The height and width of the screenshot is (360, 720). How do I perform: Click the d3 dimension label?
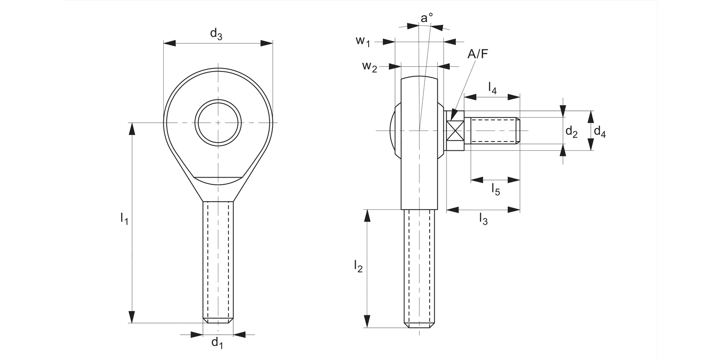point(216,34)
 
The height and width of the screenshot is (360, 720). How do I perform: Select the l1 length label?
point(124,218)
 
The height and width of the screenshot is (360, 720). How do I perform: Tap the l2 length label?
point(358,265)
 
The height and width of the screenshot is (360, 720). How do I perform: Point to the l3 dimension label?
point(483,219)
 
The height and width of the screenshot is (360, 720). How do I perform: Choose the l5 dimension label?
point(495,190)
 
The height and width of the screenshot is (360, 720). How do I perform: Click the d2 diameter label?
point(571,131)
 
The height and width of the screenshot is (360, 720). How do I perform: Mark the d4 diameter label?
point(600,131)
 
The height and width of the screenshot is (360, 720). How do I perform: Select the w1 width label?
point(363,41)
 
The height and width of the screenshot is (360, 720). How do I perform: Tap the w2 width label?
point(370,66)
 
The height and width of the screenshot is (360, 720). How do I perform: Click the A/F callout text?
point(478,54)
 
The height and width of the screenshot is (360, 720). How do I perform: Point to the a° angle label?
point(426,18)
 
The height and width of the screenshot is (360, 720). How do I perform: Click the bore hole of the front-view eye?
point(218,122)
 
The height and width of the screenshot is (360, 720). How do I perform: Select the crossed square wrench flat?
point(455,131)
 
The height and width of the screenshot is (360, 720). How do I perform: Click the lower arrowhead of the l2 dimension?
point(368,322)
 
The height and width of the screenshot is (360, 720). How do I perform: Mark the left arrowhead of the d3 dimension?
point(169,43)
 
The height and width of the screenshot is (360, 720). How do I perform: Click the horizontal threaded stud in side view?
point(494,131)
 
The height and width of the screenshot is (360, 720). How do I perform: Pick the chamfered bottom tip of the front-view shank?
point(218,320)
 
